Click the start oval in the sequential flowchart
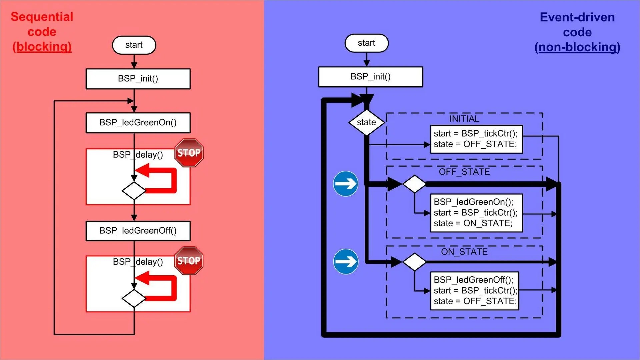pos(134,45)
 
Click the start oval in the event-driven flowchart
pos(366,43)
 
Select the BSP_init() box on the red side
pos(138,79)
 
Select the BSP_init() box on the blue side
pos(370,77)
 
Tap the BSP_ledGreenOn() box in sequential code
pos(138,123)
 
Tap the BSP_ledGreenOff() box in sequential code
pos(138,231)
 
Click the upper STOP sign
pos(189,153)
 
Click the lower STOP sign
pos(189,260)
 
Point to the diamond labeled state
pos(366,122)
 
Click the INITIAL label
pos(464,119)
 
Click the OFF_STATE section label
pos(464,172)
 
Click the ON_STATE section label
pos(464,252)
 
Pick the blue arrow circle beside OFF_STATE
pos(346,184)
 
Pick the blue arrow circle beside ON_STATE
pos(346,262)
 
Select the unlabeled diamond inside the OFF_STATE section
pos(414,184)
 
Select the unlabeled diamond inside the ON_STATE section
pos(414,262)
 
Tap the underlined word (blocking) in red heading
pos(42,47)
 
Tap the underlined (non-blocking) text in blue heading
pos(577,47)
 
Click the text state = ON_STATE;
pos(473,223)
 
